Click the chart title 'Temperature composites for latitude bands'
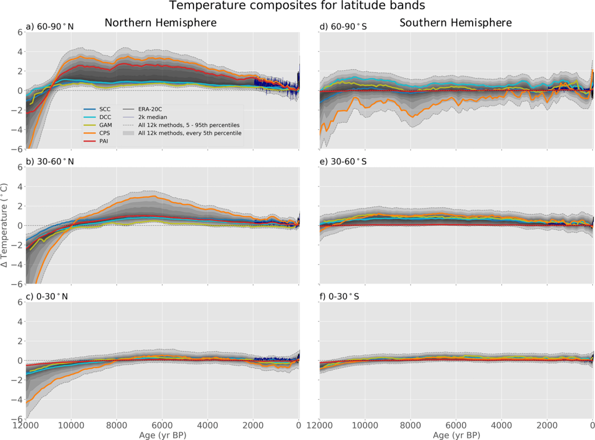point(297,6)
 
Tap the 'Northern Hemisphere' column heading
point(160,23)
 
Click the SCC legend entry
point(105,109)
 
